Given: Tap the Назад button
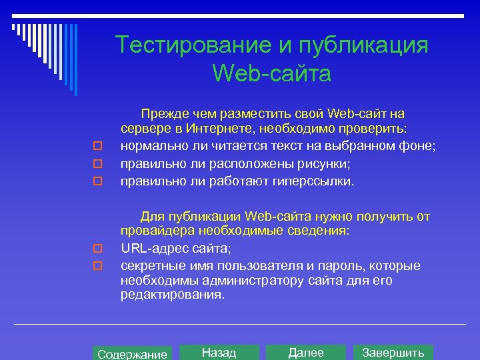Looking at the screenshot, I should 219,353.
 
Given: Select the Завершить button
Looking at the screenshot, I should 393,353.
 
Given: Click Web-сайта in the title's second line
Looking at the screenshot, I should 271,73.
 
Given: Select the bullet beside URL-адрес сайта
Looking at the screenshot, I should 97,249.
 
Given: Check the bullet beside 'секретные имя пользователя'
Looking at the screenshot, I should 97,266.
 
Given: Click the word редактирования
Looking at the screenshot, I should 171,294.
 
